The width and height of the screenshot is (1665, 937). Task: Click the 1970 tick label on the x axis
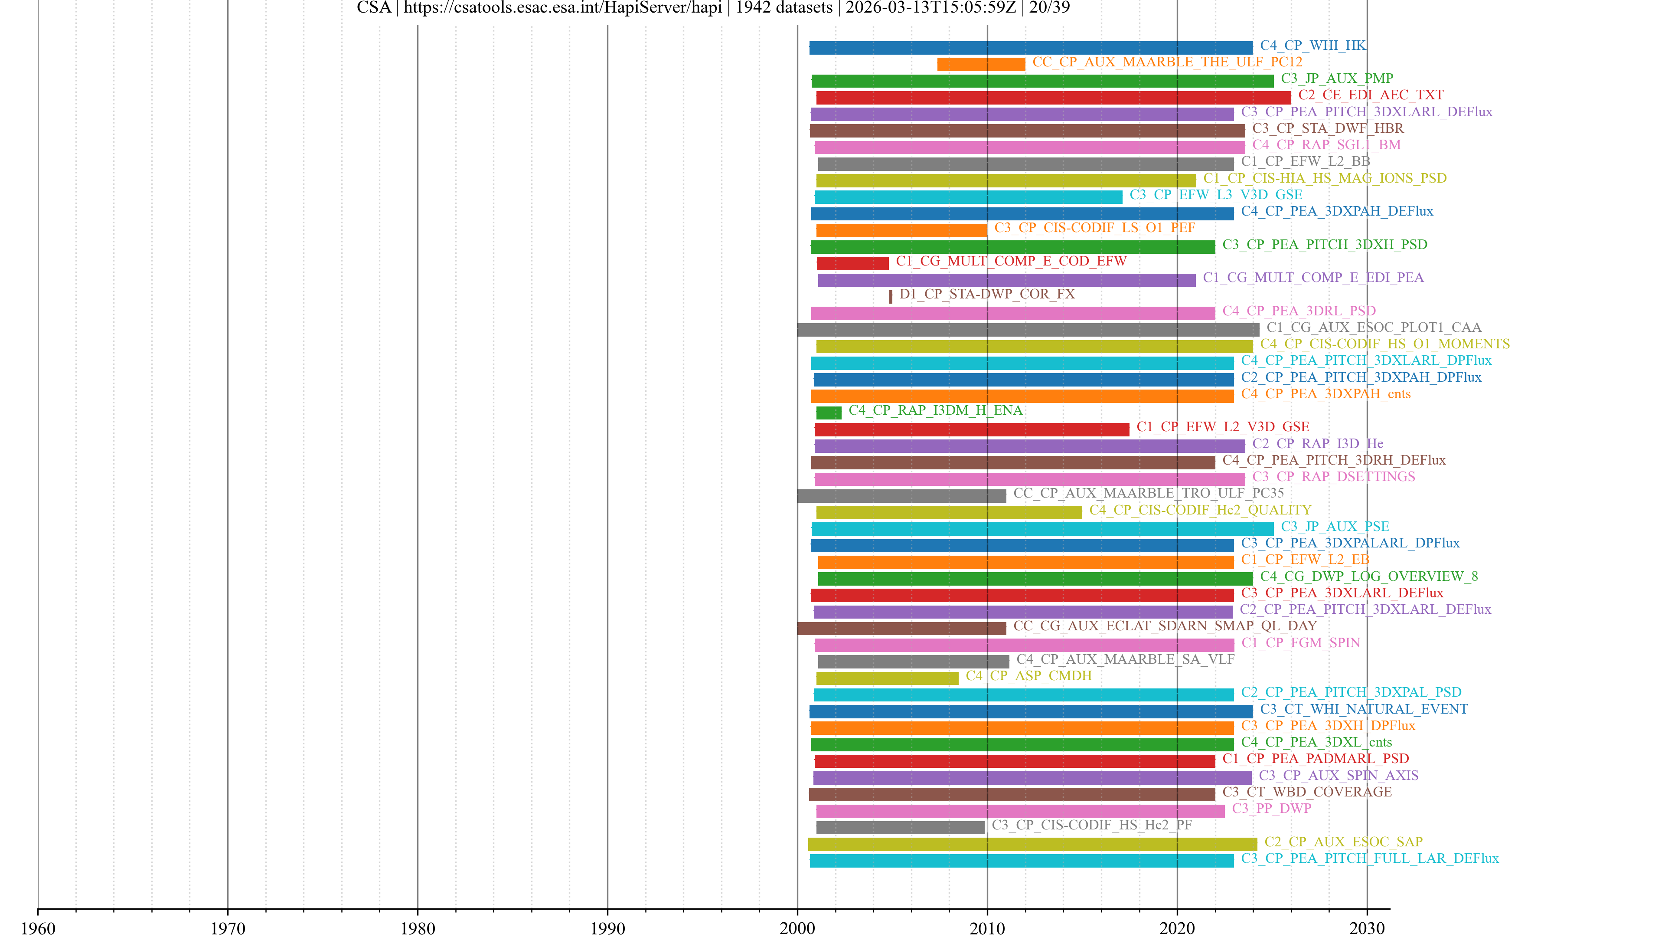pyautogui.click(x=228, y=928)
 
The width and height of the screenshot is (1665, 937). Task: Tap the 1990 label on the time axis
pyautogui.click(x=607, y=928)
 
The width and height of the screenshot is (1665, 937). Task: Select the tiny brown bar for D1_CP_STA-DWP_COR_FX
pyautogui.click(x=891, y=297)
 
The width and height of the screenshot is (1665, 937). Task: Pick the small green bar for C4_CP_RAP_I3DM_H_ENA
pyautogui.click(x=829, y=413)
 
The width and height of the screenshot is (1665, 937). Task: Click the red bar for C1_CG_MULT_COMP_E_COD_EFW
pyautogui.click(x=852, y=263)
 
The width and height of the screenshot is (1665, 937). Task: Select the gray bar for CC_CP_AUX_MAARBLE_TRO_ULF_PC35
pyautogui.click(x=902, y=496)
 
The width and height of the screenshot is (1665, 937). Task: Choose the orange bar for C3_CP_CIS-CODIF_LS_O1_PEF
pyautogui.click(x=902, y=230)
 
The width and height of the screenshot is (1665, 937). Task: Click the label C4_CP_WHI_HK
pyautogui.click(x=1313, y=45)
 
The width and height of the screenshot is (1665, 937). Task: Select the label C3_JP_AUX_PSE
pyautogui.click(x=1335, y=526)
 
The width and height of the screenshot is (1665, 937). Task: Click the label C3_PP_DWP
pyautogui.click(x=1271, y=808)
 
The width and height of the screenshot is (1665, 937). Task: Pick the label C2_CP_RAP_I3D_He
pyautogui.click(x=1317, y=444)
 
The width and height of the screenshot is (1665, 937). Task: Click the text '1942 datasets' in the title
pyautogui.click(x=784, y=8)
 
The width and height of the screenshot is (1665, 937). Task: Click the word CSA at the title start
pyautogui.click(x=374, y=8)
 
